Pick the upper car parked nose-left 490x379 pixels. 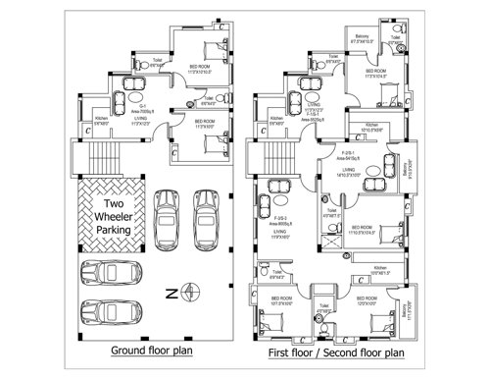tap(108, 272)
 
